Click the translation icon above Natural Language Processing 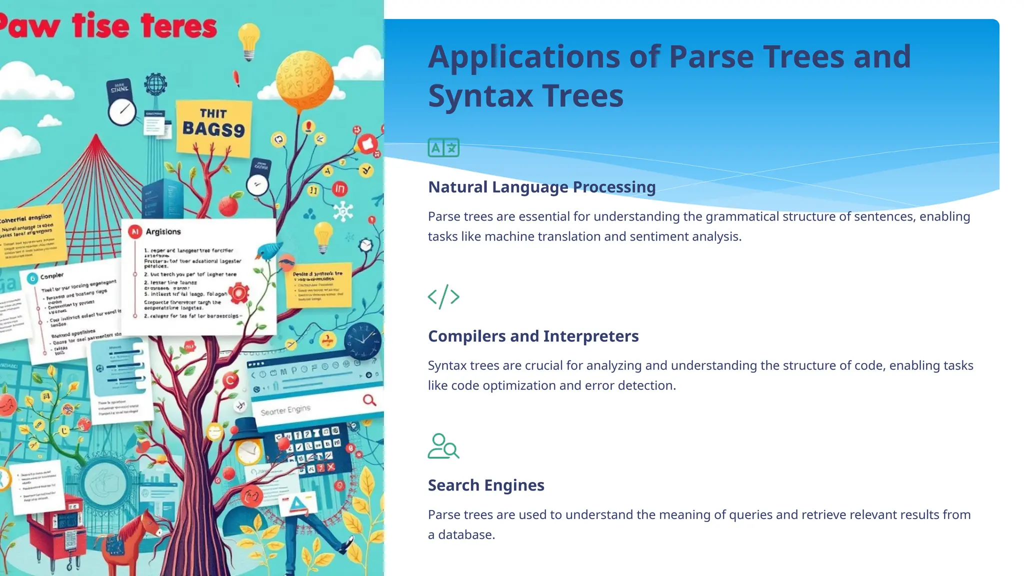(443, 147)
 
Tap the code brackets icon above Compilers (443, 296)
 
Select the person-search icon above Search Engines (443, 446)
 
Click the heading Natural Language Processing (541, 187)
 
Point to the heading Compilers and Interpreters (533, 336)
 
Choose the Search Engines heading (486, 485)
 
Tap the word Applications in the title (524, 57)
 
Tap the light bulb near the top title (248, 40)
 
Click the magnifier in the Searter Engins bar (369, 400)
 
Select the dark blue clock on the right (363, 340)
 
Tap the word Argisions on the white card (163, 231)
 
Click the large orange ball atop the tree (304, 80)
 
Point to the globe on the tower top (155, 83)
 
